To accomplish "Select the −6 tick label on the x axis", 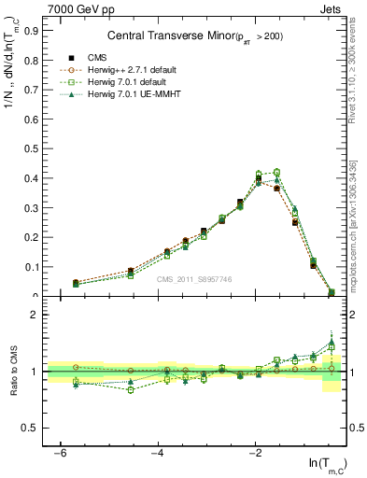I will click(x=59, y=453).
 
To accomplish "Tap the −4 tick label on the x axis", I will click(x=157, y=453).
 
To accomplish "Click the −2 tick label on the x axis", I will click(x=255, y=453).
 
